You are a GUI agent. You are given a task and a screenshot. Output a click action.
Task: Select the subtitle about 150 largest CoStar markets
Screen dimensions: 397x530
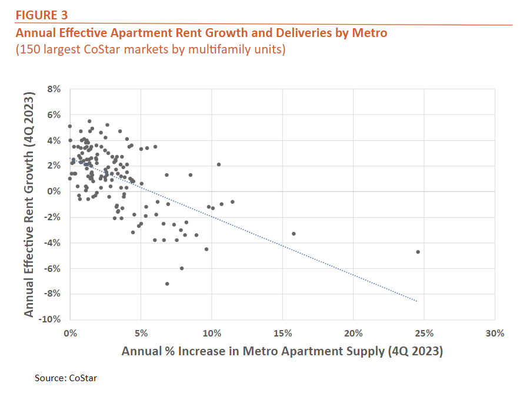pos(151,49)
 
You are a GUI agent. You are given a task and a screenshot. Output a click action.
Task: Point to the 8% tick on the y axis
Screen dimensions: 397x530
pos(54,89)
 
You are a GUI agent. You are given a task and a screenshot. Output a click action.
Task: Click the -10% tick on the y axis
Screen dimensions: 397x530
pos(52,319)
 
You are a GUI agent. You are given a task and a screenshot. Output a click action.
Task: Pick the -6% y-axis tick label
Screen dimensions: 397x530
pos(53,268)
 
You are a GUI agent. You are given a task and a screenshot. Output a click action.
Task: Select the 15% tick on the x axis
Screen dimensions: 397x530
pos(282,333)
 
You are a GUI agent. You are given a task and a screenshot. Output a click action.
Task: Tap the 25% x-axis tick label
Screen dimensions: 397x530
pos(424,333)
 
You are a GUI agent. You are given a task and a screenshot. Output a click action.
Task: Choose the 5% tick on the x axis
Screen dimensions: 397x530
pos(141,333)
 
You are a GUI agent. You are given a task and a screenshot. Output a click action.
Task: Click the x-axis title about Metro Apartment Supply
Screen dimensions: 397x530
pos(282,351)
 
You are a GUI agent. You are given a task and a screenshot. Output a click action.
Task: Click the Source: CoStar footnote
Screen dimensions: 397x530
pos(66,378)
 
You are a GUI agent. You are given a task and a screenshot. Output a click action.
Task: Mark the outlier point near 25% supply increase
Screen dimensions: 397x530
pos(418,252)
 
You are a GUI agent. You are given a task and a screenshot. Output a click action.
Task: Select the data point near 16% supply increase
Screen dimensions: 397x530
pos(294,234)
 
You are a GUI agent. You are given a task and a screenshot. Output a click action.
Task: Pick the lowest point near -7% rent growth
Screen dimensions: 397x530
pos(167,284)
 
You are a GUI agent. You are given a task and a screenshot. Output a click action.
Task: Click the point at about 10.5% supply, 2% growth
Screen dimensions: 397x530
pos(219,164)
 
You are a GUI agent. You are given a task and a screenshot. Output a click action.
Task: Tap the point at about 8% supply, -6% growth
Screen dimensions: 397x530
pos(182,268)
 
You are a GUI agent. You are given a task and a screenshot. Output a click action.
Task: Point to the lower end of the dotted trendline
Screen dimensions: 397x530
pos(417,301)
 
